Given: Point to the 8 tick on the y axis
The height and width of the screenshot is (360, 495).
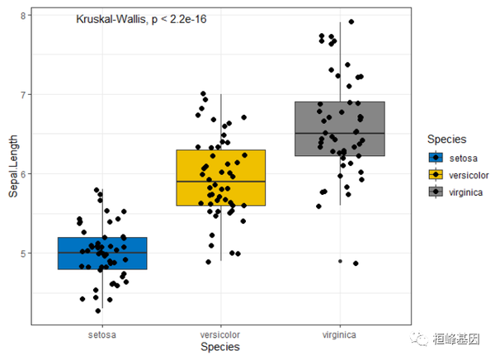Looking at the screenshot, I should click(24, 15).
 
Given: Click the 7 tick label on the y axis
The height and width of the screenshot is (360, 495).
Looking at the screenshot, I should click(24, 94).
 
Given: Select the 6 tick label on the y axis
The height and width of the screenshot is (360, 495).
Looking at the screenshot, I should click(24, 173).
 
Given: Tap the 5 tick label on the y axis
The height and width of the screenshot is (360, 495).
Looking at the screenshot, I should click(24, 253).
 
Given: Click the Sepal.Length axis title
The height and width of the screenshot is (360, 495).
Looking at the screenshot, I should click(11, 169).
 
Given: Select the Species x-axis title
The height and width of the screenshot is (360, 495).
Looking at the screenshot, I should click(220, 348).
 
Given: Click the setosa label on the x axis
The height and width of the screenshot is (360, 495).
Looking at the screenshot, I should click(102, 334).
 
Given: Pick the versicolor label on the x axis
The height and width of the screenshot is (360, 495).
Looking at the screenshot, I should click(221, 334).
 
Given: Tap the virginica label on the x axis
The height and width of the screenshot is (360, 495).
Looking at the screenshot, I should click(340, 334).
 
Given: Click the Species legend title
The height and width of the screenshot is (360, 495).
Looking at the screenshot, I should click(442, 140).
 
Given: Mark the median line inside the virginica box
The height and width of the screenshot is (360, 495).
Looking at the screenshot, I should click(340, 133).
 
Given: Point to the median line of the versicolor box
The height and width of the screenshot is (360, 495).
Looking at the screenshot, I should click(221, 181).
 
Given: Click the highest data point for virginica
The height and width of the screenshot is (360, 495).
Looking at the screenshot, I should click(351, 21).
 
